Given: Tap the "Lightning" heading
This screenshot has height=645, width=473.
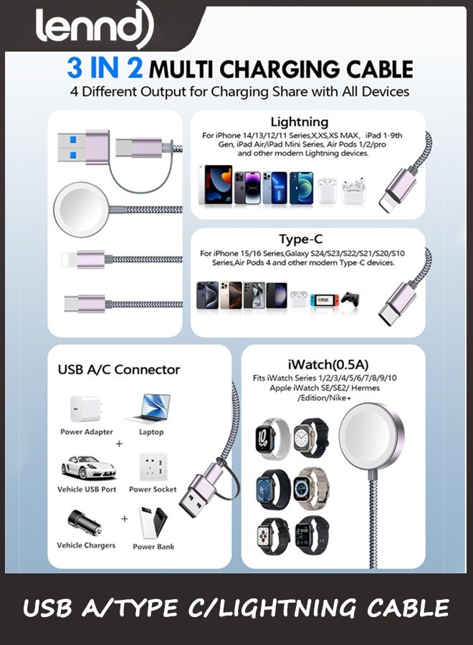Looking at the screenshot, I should tap(300, 122).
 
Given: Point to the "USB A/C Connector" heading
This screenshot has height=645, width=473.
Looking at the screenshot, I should tap(118, 370).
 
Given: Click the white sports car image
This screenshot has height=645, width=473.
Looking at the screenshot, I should tap(87, 467).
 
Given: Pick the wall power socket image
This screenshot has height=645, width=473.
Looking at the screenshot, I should tap(152, 467).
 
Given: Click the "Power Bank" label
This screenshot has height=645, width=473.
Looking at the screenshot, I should tap(153, 547).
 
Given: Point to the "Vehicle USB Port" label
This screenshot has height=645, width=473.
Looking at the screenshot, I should tap(87, 489).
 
